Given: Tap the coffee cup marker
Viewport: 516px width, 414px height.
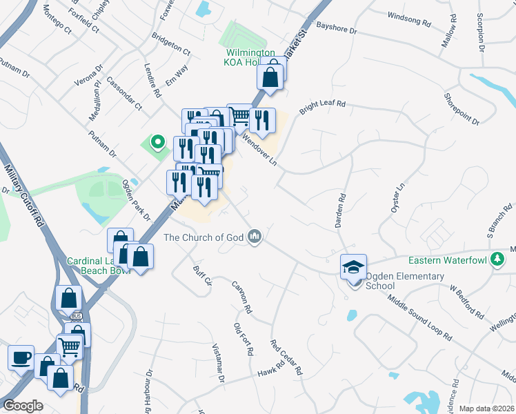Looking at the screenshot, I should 21,357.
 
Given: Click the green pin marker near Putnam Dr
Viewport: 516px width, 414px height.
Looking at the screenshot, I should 157,144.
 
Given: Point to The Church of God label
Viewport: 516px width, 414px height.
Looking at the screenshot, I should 204,238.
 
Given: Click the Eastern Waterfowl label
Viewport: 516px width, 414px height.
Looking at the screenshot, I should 447,260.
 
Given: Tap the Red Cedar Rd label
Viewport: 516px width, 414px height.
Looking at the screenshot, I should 286,357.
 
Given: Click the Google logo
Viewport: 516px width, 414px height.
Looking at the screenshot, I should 23,406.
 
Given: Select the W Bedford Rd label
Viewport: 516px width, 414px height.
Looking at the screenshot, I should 467,302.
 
